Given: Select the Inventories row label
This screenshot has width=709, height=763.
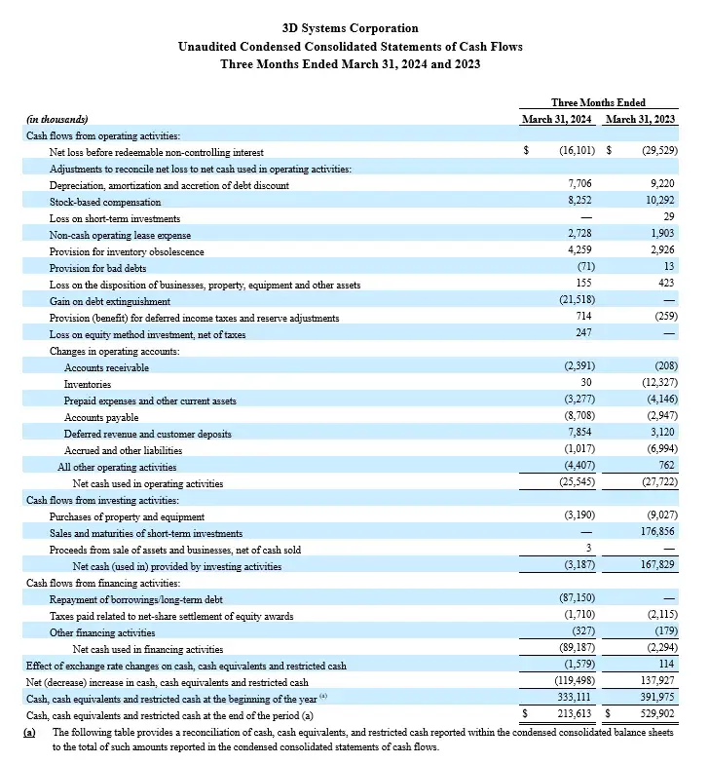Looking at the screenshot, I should point(88,384).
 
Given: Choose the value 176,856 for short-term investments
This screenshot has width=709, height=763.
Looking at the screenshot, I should point(654,533).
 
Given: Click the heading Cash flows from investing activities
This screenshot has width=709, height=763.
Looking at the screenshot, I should point(101,500).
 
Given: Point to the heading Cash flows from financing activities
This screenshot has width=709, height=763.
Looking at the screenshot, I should point(101,583).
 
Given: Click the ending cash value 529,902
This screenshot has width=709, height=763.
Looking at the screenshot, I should point(655,715).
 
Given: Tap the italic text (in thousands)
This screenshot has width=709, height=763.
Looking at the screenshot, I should point(56,120).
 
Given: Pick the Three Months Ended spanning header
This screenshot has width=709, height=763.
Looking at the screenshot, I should point(598,102).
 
